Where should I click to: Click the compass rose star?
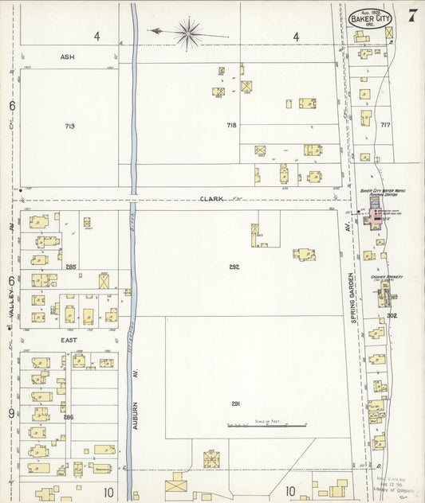[x=188, y=33]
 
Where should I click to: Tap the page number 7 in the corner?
[x=411, y=15]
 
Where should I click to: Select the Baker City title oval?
[x=369, y=17]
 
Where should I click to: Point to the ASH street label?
[x=66, y=57]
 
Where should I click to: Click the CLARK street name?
[x=210, y=198]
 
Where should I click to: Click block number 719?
[x=70, y=127]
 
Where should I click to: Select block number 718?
[x=231, y=125]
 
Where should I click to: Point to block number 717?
[x=385, y=125]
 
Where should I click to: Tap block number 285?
[x=71, y=267]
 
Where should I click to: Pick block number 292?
[x=234, y=267]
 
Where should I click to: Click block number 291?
[x=235, y=404]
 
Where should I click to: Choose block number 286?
[x=69, y=416]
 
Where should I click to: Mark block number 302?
[x=392, y=315]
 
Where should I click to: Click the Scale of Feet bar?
[x=274, y=426]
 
